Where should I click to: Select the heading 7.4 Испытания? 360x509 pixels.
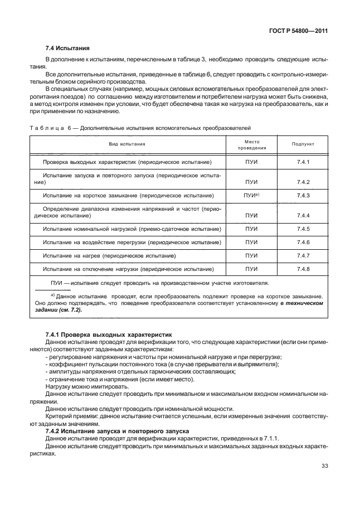pyautogui.click(x=67, y=48)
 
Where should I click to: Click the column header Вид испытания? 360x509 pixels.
pyautogui.click(x=127, y=144)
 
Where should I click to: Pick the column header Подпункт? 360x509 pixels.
pyautogui.click(x=303, y=144)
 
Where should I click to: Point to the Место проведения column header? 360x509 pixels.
pyautogui.click(x=252, y=144)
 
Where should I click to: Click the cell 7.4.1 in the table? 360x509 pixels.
pyautogui.click(x=303, y=162)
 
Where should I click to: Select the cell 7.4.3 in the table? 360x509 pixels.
pyautogui.click(x=303, y=196)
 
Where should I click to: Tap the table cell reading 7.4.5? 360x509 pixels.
pyautogui.click(x=303, y=229)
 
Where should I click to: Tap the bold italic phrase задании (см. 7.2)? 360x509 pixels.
pyautogui.click(x=58, y=310)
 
